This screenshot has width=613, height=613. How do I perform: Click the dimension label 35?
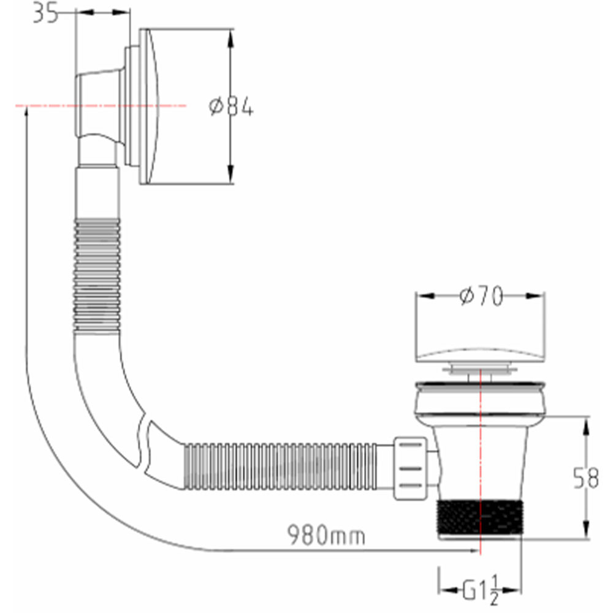[x=45, y=12]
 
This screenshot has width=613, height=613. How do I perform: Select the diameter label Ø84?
[x=231, y=106]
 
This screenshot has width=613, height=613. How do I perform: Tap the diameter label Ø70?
[x=481, y=296]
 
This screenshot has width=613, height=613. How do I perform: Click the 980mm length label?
[x=327, y=535]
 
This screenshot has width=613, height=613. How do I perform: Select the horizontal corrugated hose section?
[x=281, y=466]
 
